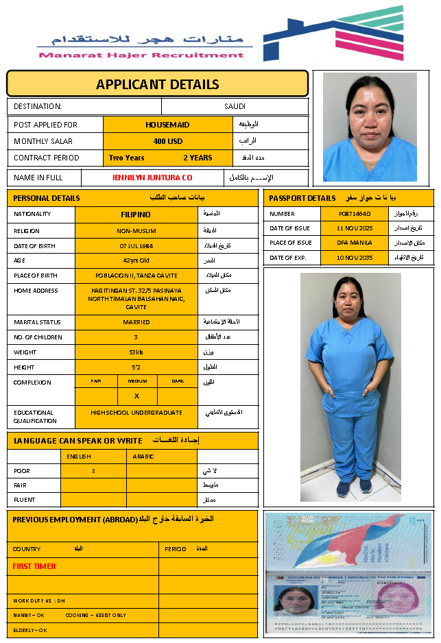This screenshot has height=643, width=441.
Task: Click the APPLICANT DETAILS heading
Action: tap(157, 84)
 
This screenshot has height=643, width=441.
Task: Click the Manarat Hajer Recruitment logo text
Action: tap(141, 55)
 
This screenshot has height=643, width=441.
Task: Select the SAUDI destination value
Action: tap(235, 106)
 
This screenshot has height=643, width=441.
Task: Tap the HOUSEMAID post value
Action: tap(167, 125)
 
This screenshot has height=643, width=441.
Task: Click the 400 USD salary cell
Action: tap(167, 141)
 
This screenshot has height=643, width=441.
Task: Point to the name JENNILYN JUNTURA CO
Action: tap(152, 178)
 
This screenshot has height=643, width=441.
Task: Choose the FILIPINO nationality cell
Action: tap(136, 214)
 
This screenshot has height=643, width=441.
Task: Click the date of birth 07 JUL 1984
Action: tap(136, 245)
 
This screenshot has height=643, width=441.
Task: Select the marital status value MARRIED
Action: tap(136, 321)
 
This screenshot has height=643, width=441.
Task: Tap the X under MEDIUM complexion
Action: tap(136, 396)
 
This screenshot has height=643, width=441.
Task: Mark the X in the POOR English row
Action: tap(93, 471)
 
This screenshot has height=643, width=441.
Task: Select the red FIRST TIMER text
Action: tap(34, 566)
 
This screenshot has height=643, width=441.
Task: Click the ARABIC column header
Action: tap(143, 456)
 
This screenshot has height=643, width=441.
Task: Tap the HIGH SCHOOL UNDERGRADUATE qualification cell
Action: tap(136, 413)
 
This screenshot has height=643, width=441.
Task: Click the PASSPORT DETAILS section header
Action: tap(302, 198)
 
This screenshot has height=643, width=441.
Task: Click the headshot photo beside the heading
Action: tap(370, 127)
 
